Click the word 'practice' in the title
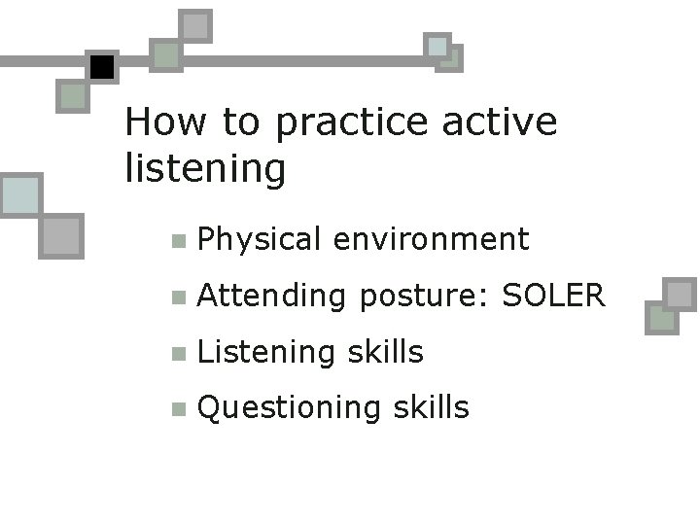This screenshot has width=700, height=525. coord(352,123)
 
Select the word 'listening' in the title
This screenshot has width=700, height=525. coord(205,169)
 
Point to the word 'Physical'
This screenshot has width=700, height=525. coord(259,240)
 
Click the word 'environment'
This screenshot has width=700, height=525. coord(431,239)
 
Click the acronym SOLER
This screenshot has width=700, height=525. coord(553,295)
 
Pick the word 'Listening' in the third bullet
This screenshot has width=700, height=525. coord(266,352)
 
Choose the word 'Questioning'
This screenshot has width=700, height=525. coord(289,408)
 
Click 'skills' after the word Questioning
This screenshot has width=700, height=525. coord(431,407)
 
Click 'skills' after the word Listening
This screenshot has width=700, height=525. coord(385,351)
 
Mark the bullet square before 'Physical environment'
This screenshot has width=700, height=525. coord(176,241)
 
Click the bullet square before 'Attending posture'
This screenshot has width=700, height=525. coord(176,297)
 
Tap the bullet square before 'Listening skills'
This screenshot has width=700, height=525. coord(176,354)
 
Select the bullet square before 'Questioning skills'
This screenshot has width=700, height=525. coord(176,409)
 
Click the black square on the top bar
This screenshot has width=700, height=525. coord(101,67)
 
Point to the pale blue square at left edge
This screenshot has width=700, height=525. coord(19,195)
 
